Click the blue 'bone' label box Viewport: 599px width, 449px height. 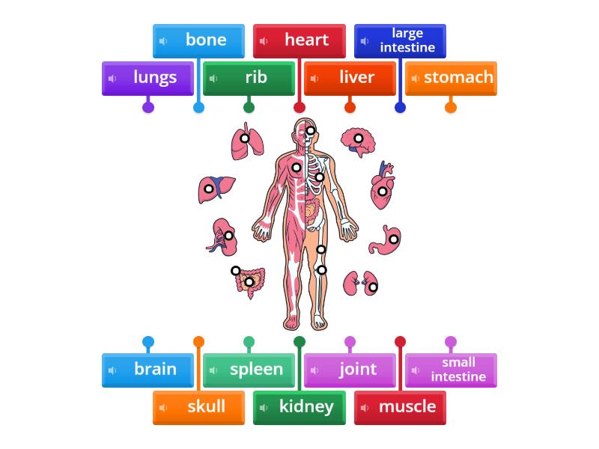pyautogui.click(x=199, y=40)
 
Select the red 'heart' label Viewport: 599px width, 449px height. pyautogui.click(x=299, y=40)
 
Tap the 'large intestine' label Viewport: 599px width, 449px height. pyautogui.click(x=400, y=40)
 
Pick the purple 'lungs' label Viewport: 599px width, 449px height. pyautogui.click(x=148, y=78)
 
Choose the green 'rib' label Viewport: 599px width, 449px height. pyautogui.click(x=249, y=78)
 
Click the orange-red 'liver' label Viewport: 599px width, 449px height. pyautogui.click(x=350, y=78)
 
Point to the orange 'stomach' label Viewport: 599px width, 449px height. pyautogui.click(x=451, y=78)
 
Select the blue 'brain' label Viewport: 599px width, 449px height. pyautogui.click(x=148, y=369)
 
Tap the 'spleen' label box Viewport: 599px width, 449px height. pyautogui.click(x=249, y=369)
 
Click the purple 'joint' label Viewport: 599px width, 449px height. pyautogui.click(x=350, y=369)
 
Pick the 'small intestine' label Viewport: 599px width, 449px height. pyautogui.click(x=451, y=369)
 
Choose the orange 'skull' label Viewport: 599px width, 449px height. pyautogui.click(x=199, y=406)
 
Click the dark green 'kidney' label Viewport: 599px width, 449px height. pyautogui.click(x=299, y=406)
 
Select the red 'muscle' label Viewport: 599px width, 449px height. pyautogui.click(x=400, y=406)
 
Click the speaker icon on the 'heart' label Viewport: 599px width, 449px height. pyautogui.click(x=264, y=41)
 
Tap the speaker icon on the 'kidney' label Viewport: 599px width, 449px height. pyautogui.click(x=264, y=408)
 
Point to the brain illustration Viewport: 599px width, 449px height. pyautogui.click(x=357, y=141)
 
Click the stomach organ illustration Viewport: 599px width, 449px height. pyautogui.click(x=386, y=239)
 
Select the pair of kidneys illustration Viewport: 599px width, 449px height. pyautogui.click(x=361, y=284)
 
